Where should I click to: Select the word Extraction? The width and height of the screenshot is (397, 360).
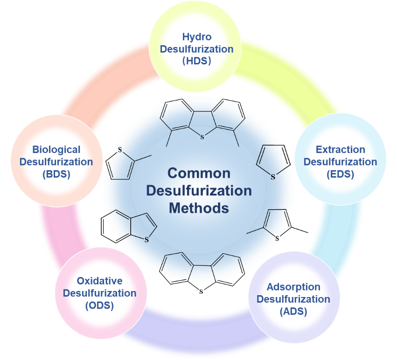tap(340, 150)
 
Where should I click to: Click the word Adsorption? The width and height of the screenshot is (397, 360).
tap(293, 287)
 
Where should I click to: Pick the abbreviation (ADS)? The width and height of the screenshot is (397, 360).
tap(293, 312)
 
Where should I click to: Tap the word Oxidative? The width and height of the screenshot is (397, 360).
tap(99, 281)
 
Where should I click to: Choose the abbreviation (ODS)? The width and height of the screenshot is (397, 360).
tap(99, 306)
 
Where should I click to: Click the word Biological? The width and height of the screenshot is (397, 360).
tap(56, 150)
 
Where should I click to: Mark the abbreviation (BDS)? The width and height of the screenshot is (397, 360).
tap(56, 174)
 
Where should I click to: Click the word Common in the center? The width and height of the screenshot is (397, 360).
tap(199, 173)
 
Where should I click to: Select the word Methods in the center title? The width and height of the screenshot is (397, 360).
tap(199, 208)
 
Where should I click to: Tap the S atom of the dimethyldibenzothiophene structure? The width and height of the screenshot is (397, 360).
tap(202, 137)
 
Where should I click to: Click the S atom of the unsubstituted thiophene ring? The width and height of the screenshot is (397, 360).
tap(273, 176)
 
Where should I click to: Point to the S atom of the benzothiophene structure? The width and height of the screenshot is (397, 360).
tap(146, 240)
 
